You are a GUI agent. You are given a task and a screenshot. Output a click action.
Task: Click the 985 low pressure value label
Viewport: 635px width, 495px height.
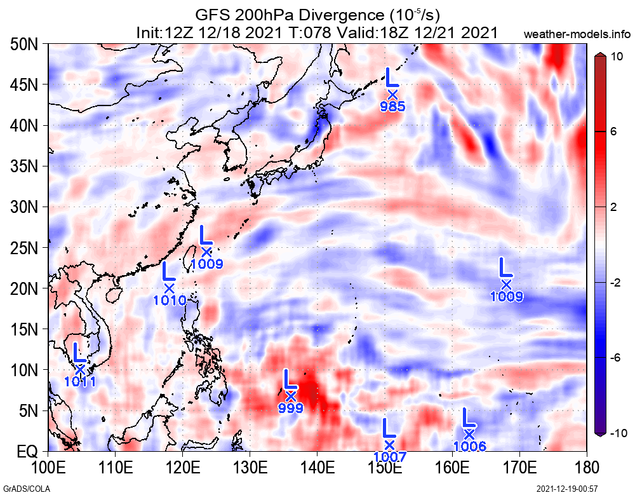click(392, 107)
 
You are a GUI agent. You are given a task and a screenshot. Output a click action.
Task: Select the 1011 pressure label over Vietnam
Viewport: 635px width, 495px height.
click(80, 381)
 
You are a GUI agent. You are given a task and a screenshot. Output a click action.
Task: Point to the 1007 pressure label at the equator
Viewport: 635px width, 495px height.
click(389, 456)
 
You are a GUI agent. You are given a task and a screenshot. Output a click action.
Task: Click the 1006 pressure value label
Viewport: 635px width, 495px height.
click(470, 446)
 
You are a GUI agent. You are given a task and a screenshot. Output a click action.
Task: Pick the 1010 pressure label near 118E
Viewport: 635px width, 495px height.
click(170, 300)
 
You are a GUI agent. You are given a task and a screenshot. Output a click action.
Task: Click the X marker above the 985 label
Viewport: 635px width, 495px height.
click(392, 95)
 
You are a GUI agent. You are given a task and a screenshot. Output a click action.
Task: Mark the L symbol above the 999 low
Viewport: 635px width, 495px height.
click(290, 379)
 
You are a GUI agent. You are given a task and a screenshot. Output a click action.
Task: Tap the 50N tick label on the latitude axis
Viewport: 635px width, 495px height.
click(26, 44)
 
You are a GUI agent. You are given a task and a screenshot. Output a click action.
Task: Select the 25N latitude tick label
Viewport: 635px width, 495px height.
click(26, 248)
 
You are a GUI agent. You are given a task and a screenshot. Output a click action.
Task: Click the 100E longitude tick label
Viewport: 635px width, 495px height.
click(48, 468)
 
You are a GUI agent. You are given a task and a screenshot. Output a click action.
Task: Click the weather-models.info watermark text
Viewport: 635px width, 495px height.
click(578, 33)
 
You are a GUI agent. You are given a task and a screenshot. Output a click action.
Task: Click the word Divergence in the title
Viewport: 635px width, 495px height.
click(304, 15)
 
